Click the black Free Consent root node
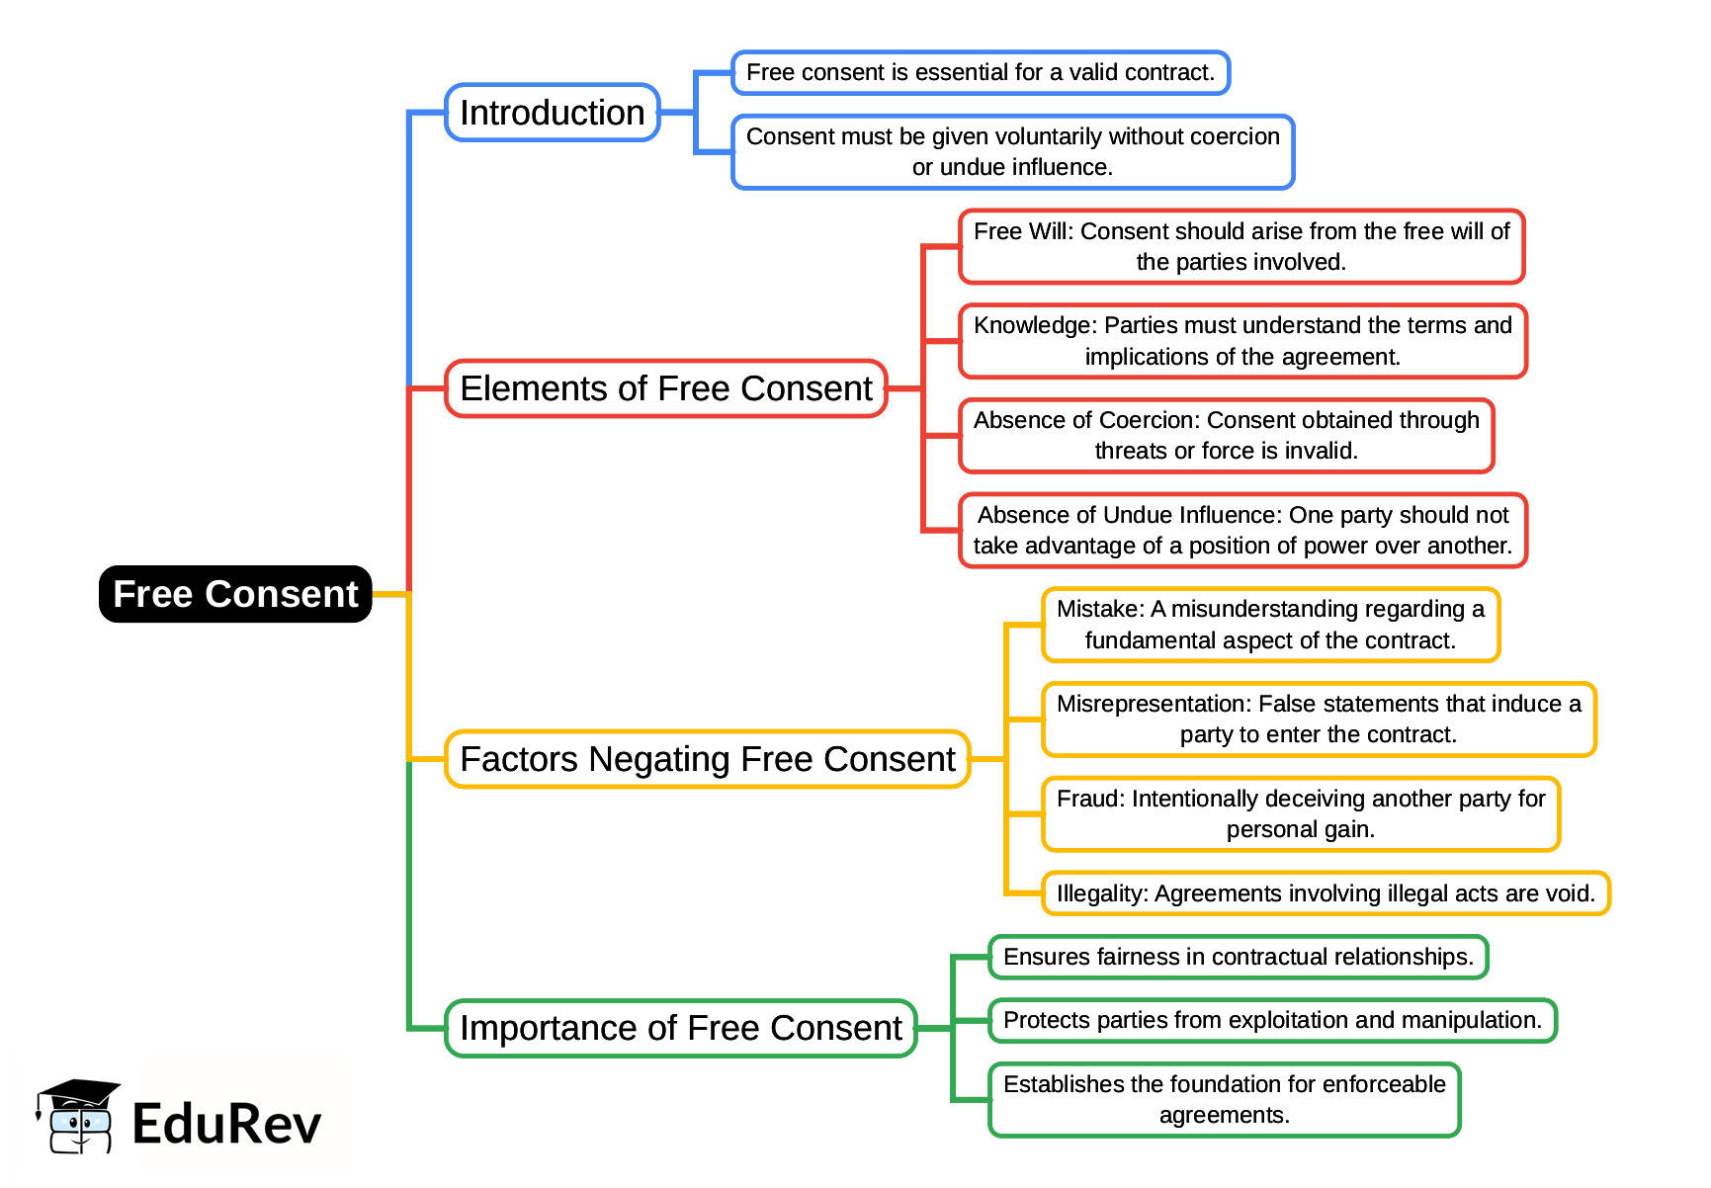tap(235, 594)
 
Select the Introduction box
tap(552, 113)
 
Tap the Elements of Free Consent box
tap(666, 388)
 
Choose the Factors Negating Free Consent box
tap(707, 759)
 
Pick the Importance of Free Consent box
tap(681, 1028)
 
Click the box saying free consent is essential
tap(980, 73)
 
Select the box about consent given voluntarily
tap(1012, 152)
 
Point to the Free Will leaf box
tap(1241, 247)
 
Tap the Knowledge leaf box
tap(1242, 341)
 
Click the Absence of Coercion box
tap(1226, 436)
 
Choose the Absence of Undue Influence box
tap(1242, 531)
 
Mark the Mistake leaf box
tap(1270, 625)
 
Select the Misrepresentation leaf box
tap(1319, 720)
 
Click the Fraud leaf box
tap(1301, 814)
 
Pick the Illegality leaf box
tap(1326, 893)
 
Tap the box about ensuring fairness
tap(1238, 957)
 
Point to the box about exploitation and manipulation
tap(1272, 1020)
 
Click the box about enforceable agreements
tap(1224, 1100)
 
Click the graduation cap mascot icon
tap(78, 1116)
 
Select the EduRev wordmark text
tap(226, 1125)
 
